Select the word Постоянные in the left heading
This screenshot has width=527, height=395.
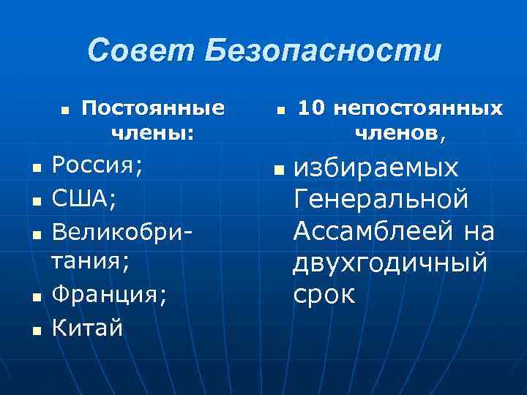pos(153,108)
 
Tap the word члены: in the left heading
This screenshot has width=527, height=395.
pos(153,133)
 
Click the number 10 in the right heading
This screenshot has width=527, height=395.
pos(311,108)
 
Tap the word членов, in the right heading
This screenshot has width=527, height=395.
pos(400,133)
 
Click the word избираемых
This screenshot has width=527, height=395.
pos(376,168)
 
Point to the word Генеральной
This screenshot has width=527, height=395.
pos(380,199)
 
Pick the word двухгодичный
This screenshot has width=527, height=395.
pos(390,263)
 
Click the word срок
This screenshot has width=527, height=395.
pos(324,295)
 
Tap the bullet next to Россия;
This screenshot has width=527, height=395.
pos(36,168)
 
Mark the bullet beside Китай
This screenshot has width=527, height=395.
pos(36,330)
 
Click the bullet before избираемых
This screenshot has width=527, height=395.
pos(277,170)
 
